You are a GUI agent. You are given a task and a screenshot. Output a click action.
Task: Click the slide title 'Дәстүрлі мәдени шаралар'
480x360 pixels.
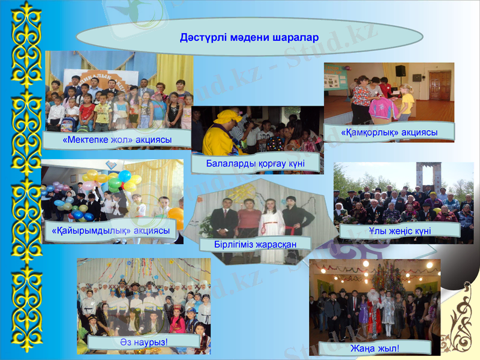pos(249,37)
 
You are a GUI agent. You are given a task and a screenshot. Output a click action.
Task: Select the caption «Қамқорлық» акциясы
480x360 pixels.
pos(389,131)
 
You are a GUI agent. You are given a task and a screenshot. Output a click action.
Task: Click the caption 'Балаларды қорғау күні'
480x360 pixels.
pos(255,163)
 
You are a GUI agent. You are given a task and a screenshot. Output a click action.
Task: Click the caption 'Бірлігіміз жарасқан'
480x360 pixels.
pos(255,244)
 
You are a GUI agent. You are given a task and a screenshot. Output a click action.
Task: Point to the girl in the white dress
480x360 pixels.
pos(271,228)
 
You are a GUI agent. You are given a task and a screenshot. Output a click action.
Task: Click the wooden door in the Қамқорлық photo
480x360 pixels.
pos(439,85)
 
